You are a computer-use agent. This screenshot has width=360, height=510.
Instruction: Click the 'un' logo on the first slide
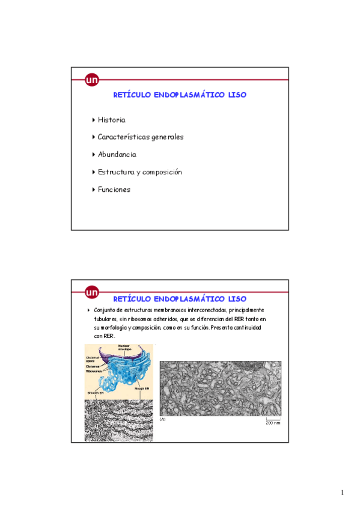tap(92, 79)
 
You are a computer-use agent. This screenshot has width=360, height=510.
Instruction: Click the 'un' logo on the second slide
tap(92, 293)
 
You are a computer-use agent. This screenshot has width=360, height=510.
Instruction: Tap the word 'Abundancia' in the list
tap(117, 155)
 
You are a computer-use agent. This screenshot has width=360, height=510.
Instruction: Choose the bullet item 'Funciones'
tap(114, 189)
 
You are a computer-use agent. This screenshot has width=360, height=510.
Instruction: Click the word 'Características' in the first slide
tap(124, 137)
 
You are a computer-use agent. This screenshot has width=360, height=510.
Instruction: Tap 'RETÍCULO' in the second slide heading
tap(132, 299)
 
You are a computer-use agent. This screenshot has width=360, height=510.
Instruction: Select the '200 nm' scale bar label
tap(273, 423)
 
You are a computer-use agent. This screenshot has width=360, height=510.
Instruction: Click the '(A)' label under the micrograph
tap(163, 420)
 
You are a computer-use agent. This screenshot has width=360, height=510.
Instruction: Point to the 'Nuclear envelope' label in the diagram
tap(124, 348)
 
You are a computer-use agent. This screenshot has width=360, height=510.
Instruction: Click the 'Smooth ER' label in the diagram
tap(94, 391)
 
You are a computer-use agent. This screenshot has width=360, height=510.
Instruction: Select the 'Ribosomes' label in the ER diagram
tap(94, 371)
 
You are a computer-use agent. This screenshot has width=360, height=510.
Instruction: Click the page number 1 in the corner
tap(342, 493)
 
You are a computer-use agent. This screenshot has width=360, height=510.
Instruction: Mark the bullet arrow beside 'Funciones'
tap(94, 189)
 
